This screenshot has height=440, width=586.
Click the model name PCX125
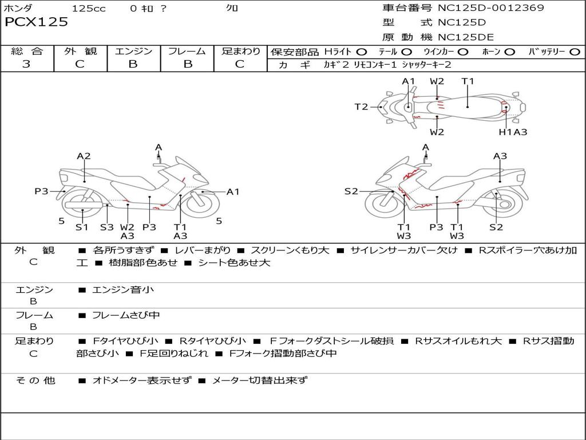coord(37,22)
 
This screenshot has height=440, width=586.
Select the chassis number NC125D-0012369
coord(490,8)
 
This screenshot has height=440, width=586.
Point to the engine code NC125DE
coord(465,37)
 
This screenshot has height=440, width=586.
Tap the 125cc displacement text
coord(88,9)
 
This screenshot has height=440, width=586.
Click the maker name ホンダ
coord(18,8)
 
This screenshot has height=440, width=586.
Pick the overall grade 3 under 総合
coord(26,64)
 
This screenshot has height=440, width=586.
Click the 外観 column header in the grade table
coord(80,52)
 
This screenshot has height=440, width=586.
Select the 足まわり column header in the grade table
coord(240,52)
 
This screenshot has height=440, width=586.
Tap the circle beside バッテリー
coord(575,52)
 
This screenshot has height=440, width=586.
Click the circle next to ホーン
coord(509,52)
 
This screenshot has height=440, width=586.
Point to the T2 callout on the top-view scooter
coord(361,107)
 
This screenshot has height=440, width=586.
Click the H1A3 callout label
coord(513,132)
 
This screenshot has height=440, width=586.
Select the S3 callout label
coord(107,227)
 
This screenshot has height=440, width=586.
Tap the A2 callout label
coord(84,156)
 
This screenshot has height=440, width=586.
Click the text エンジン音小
coord(123,290)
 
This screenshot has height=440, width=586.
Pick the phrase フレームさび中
coord(126,315)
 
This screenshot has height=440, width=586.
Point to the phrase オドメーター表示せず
coord(142,380)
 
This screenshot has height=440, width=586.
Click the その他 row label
coord(35,380)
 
